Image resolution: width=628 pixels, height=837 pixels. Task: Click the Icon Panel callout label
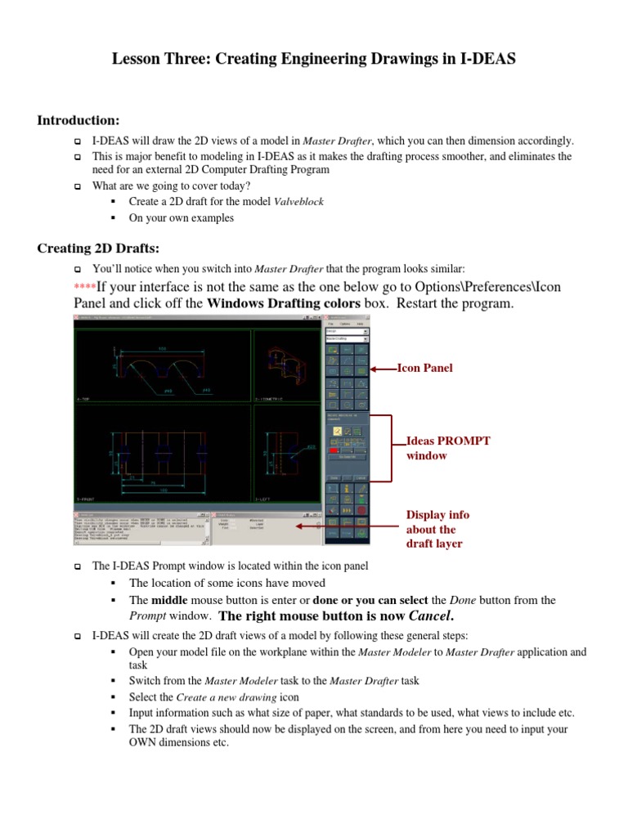tap(424, 369)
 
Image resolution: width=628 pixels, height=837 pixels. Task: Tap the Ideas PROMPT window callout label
tap(448, 448)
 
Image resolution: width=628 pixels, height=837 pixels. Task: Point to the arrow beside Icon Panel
tap(384, 369)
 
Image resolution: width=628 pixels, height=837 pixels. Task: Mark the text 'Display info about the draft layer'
tap(437, 529)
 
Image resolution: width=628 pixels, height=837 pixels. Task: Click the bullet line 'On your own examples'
tap(181, 218)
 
